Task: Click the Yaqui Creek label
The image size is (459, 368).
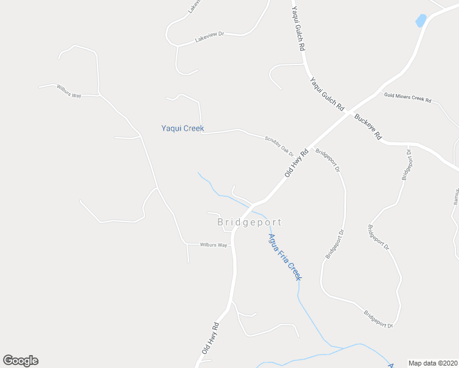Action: tap(182, 129)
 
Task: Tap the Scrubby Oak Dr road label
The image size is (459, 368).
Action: tap(279, 145)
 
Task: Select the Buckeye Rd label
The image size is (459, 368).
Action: tap(368, 126)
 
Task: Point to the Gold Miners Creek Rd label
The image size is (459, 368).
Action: tap(408, 97)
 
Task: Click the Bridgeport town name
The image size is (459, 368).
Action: tap(250, 222)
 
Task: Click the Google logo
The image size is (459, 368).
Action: tap(21, 361)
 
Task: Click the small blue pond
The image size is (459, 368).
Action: tap(421, 20)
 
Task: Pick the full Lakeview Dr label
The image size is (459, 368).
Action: tap(210, 37)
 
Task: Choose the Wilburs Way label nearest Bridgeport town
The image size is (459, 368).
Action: tap(214, 245)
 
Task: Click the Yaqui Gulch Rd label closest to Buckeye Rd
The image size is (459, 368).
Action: tap(326, 94)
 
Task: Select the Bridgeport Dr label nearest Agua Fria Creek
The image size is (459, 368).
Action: tap(334, 244)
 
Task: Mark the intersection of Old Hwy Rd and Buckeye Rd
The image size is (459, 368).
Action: tap(349, 112)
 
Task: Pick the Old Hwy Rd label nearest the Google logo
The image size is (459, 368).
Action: tap(210, 338)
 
